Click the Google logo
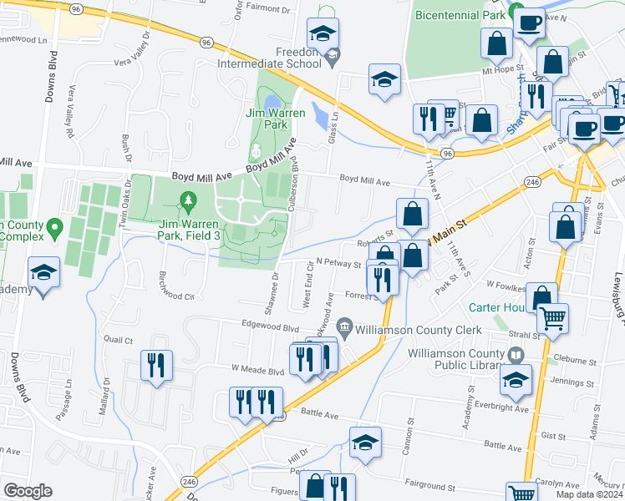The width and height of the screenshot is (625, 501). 28,491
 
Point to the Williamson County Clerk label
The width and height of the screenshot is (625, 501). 418,330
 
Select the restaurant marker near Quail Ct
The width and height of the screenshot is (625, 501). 156,365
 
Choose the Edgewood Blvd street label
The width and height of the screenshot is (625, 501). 270,328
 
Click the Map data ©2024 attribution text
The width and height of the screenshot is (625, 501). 589,494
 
